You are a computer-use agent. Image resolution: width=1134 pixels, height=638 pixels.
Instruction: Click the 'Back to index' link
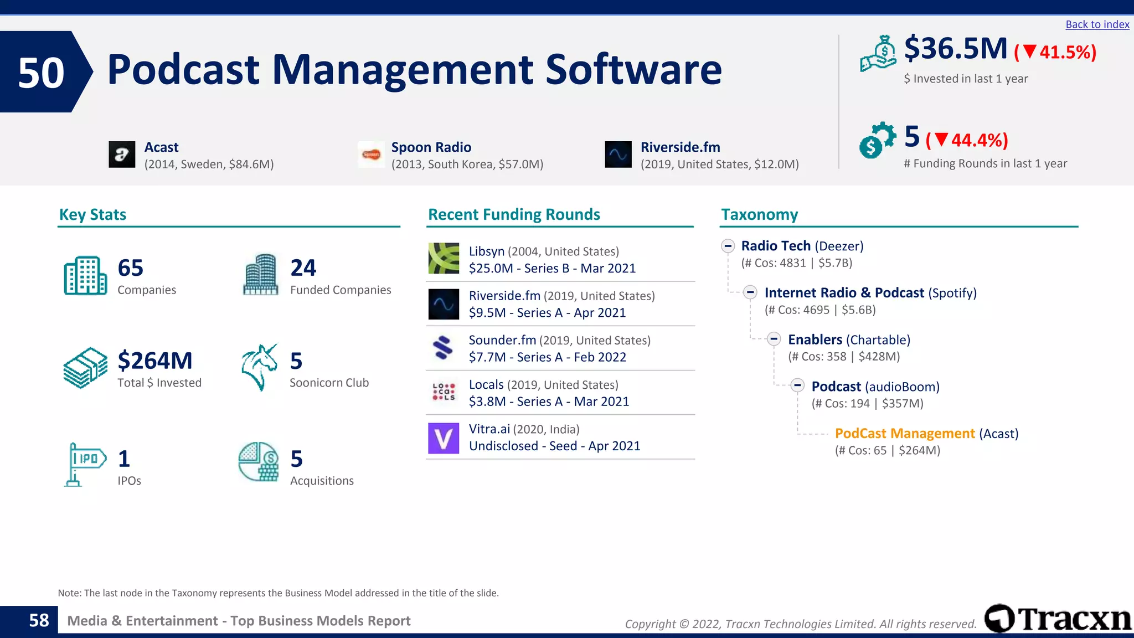[x=1097, y=24]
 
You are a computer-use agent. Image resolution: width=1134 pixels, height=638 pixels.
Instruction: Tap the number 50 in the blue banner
[x=41, y=73]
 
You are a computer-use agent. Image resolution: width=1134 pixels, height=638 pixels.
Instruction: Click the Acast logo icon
[x=122, y=155]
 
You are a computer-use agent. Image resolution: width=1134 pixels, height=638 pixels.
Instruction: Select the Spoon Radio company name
[x=431, y=147]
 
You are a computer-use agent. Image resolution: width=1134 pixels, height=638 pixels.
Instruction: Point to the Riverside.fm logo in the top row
[x=618, y=155]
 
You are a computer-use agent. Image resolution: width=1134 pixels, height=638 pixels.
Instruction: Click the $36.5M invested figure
[x=956, y=49]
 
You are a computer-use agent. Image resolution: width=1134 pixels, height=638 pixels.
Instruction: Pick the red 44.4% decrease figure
[x=967, y=140]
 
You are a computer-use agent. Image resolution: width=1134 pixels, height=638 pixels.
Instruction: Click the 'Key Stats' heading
[x=92, y=214]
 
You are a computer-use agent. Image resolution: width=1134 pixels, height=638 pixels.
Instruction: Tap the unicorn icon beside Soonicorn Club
[x=259, y=367]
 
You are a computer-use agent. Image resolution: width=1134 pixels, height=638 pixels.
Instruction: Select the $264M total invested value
[x=155, y=361]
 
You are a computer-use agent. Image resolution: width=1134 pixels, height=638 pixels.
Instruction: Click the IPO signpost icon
[x=85, y=464]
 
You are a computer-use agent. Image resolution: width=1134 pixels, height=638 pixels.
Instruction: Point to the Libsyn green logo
[x=444, y=259]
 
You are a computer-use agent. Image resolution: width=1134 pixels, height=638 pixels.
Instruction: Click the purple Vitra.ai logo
[x=444, y=438]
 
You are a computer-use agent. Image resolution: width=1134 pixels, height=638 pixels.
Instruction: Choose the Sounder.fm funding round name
[x=502, y=340]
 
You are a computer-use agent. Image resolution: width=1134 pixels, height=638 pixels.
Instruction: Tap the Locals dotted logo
[x=444, y=392]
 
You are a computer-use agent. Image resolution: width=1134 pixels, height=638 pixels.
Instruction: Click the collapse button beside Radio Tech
[x=728, y=246]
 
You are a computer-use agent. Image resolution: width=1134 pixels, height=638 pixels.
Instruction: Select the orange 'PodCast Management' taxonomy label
[x=904, y=433]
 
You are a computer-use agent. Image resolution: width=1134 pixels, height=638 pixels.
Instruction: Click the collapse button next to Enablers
[x=774, y=339]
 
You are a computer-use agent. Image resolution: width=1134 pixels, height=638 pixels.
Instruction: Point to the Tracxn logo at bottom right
[x=1058, y=618]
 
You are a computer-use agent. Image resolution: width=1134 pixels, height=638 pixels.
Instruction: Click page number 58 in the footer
[x=39, y=620]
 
